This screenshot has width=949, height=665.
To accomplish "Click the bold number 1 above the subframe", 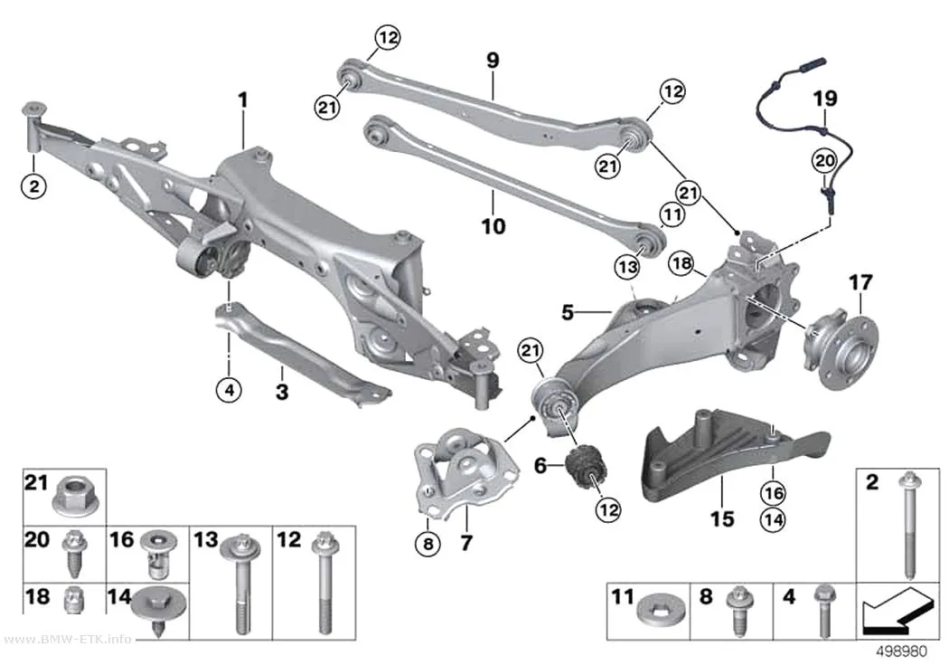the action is click(x=243, y=100).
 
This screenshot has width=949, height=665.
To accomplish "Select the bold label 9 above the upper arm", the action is click(x=493, y=61).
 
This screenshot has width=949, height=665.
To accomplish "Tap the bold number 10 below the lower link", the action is click(x=493, y=226).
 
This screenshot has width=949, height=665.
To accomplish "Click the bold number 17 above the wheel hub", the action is click(x=860, y=283).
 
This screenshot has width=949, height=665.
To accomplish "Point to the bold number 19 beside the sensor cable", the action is click(x=825, y=99).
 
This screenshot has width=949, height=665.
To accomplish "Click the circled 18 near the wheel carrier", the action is click(x=681, y=263).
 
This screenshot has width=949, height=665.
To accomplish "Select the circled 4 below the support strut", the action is click(x=230, y=390).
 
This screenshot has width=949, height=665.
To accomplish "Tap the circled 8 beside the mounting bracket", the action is click(x=428, y=543).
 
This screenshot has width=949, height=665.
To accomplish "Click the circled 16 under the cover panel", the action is click(x=774, y=493).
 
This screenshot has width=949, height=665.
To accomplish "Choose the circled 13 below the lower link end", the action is click(x=627, y=267).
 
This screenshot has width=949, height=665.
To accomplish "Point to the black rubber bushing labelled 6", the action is click(x=587, y=465).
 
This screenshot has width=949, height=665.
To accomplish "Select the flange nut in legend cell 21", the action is click(x=73, y=498).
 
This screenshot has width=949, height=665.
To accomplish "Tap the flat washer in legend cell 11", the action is click(x=662, y=611).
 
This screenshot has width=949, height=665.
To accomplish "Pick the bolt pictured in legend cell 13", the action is click(x=241, y=585).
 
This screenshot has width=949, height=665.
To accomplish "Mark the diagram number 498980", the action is click(x=902, y=652).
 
